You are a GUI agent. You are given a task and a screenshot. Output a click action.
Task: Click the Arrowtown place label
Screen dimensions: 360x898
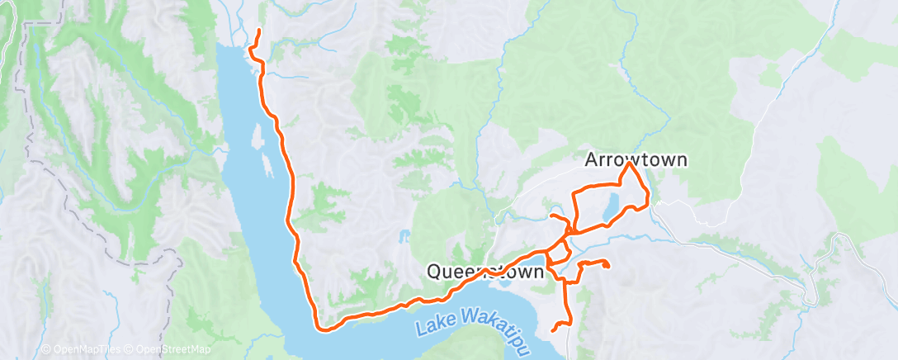pyautogui.click(x=636, y=159)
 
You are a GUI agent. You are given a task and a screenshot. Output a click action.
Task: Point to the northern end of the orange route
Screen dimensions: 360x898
pyautogui.click(x=259, y=31)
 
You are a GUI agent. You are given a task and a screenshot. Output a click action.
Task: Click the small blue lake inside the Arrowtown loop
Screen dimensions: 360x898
pyautogui.click(x=609, y=208)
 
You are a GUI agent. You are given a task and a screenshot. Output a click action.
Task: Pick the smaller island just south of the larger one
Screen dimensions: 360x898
pyautogui.click(x=268, y=171)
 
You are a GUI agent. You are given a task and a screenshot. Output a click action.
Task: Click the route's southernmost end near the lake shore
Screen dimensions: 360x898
pyautogui.click(x=551, y=331)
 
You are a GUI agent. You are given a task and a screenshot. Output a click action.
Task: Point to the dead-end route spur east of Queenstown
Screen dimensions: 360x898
pyautogui.click(x=607, y=266)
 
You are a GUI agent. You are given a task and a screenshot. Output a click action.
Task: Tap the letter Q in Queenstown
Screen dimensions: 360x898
pyautogui.click(x=433, y=271)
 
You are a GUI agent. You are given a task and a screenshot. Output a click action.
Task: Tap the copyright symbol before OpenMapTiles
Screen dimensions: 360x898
pyautogui.click(x=46, y=350)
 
